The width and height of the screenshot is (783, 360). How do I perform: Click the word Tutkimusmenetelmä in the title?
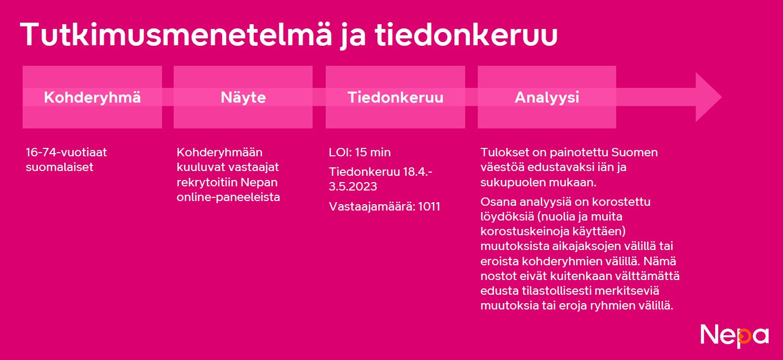tap(176, 34)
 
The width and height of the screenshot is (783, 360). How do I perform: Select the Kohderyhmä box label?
tap(92, 97)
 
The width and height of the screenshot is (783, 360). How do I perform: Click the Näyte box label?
tap(243, 97)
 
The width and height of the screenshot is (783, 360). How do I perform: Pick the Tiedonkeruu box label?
tap(395, 97)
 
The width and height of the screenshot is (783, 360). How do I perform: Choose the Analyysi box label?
tap(547, 97)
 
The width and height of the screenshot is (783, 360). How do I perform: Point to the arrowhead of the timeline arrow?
tap(709, 97)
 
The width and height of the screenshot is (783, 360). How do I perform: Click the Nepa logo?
tap(735, 337)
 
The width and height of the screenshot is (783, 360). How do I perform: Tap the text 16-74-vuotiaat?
tap(66, 153)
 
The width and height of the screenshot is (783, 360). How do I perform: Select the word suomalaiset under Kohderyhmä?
tap(59, 167)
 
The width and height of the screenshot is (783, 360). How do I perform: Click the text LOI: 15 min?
tap(360, 153)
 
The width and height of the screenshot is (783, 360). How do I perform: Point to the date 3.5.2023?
tap(353, 186)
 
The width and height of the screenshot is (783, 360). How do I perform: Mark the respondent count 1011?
tap(429, 206)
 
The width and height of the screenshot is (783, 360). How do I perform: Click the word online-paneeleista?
tap(228, 197)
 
